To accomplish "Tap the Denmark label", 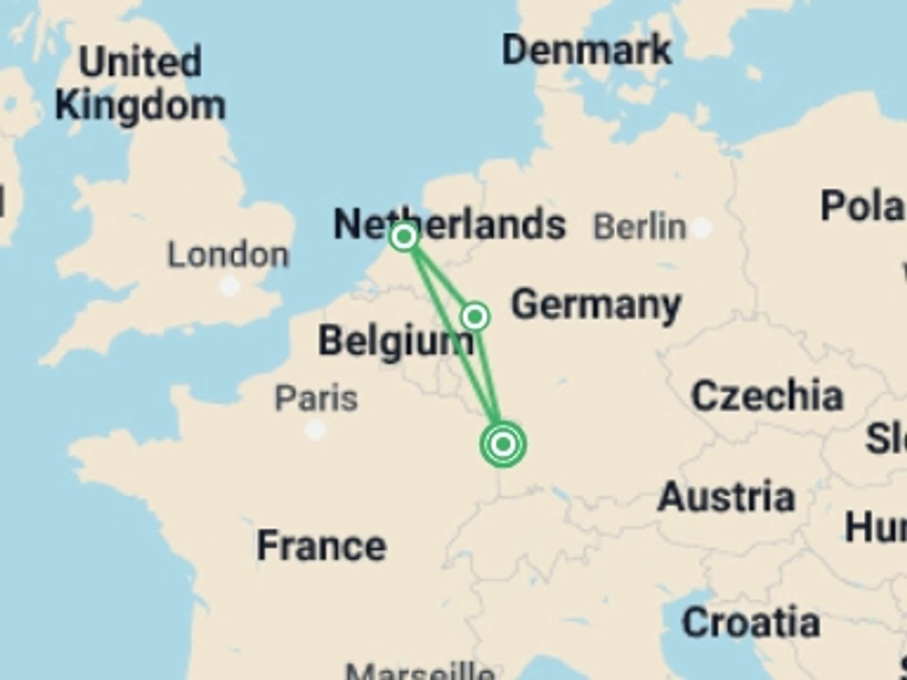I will pyautogui.click(x=586, y=50).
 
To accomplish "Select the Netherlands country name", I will pyautogui.click(x=449, y=225).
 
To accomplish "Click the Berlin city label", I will pyautogui.click(x=639, y=227).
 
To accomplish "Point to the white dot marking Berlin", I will pyautogui.click(x=702, y=228).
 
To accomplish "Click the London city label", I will pyautogui.click(x=228, y=255).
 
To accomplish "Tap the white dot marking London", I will pyautogui.click(x=230, y=286).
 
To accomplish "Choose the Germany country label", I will pyautogui.click(x=596, y=306).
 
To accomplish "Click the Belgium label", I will pyautogui.click(x=396, y=341).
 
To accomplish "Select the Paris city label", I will pyautogui.click(x=316, y=399).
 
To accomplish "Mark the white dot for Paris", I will pyautogui.click(x=315, y=430).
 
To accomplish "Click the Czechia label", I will pyautogui.click(x=767, y=396).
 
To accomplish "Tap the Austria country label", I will pyautogui.click(x=727, y=497).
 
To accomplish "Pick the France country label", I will pyautogui.click(x=322, y=546).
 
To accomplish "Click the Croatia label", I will pyautogui.click(x=751, y=622).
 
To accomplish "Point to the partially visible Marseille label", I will pyautogui.click(x=420, y=671).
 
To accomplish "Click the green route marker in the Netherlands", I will pyautogui.click(x=404, y=237).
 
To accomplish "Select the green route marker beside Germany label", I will pyautogui.click(x=475, y=316).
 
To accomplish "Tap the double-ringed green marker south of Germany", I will pyautogui.click(x=503, y=444).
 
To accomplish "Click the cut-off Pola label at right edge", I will pyautogui.click(x=863, y=206).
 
